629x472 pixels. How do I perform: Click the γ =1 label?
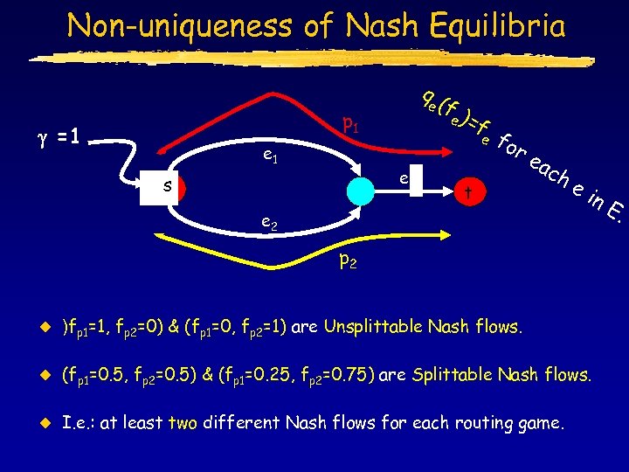[x=55, y=136]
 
